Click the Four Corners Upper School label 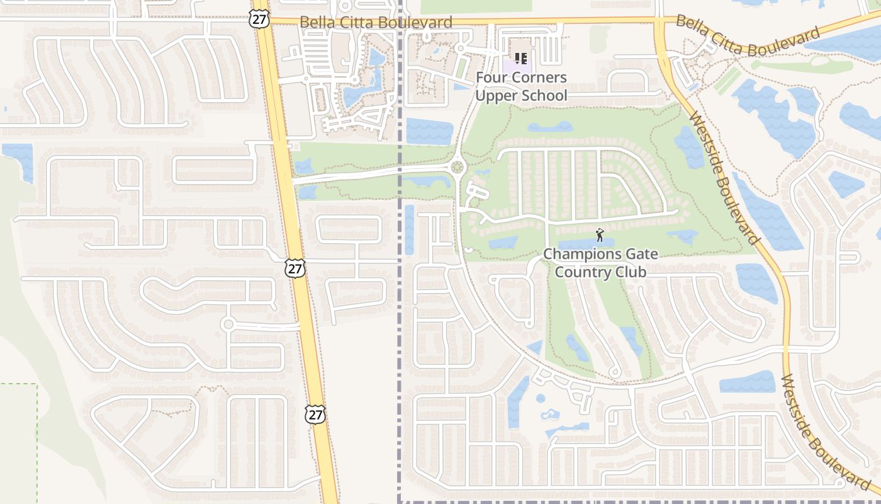coord(521,87)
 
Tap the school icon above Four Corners coord(520,59)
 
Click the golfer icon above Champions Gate coord(600,236)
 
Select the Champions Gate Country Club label coord(600,263)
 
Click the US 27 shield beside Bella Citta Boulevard coord(259,19)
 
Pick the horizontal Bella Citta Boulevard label coord(376,23)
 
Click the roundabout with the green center coord(457,168)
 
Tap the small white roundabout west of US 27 coord(228,324)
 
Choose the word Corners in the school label coord(538,78)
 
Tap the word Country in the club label coord(583,272)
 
